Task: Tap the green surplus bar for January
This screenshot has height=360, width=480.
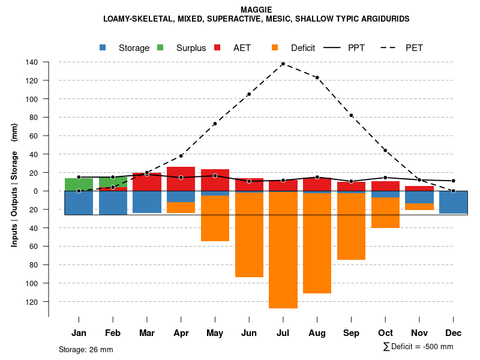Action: tap(79, 184)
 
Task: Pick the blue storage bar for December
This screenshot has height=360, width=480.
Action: tap(453, 202)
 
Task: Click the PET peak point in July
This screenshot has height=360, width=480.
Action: tap(283, 64)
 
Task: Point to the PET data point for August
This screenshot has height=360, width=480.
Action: tap(317, 77)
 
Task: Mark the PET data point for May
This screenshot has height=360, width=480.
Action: tap(215, 124)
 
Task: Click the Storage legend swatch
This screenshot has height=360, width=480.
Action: tap(103, 47)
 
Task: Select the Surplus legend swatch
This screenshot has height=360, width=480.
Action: tap(160, 47)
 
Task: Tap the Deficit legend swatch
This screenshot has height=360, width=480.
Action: tap(275, 47)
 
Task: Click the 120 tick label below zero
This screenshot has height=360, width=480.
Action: tap(32, 301)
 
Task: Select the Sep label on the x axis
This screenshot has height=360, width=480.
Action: tap(351, 333)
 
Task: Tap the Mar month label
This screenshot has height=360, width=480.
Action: tap(147, 333)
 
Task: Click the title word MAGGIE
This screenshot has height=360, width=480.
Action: tap(256, 10)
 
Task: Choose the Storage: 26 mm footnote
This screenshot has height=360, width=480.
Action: tap(86, 349)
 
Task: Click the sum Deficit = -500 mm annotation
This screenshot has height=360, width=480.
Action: tap(418, 346)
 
